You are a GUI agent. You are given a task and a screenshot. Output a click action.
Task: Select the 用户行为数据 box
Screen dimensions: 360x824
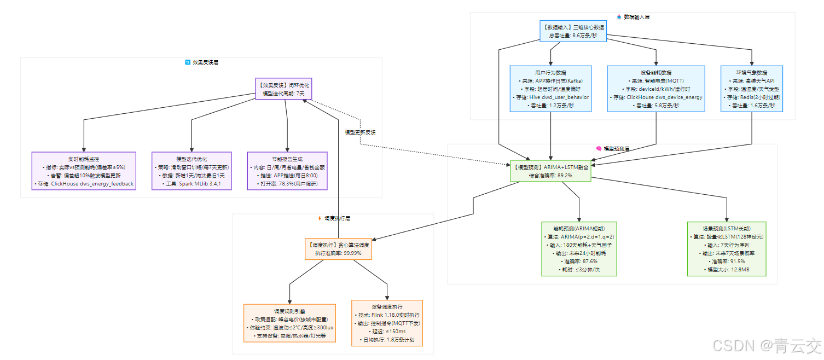click(x=550, y=89)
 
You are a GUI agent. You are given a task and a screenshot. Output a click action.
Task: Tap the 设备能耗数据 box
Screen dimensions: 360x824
click(x=656, y=89)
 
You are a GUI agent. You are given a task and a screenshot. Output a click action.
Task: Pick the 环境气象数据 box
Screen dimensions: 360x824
click(x=751, y=89)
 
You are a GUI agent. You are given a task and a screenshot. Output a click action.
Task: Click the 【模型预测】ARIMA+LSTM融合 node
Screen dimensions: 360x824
click(x=550, y=171)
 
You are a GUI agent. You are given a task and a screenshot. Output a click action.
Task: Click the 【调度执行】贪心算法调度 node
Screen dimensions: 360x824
click(x=338, y=249)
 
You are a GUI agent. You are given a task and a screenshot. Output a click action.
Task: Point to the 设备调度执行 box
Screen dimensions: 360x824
click(x=387, y=323)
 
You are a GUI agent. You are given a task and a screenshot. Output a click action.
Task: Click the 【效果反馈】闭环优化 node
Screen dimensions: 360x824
click(x=283, y=89)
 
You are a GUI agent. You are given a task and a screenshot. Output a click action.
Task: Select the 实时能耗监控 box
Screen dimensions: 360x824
click(x=84, y=171)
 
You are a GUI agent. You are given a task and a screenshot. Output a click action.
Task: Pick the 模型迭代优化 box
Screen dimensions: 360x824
click(x=192, y=171)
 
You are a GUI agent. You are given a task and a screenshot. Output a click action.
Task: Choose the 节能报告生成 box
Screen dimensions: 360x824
click(x=287, y=171)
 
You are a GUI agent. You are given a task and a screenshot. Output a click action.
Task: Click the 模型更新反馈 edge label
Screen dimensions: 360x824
click(x=360, y=132)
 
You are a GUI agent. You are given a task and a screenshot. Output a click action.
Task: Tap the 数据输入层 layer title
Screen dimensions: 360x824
click(x=636, y=17)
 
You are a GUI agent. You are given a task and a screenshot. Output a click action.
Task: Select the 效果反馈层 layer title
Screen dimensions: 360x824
click(x=205, y=62)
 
